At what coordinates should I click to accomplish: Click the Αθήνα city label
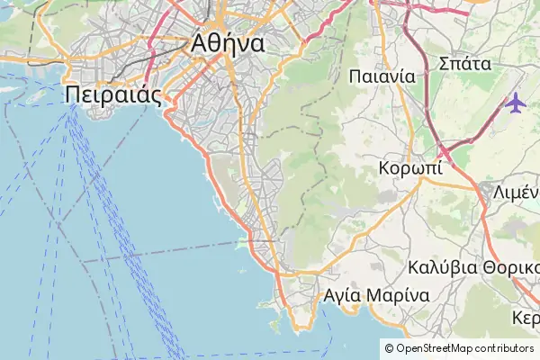(227, 42)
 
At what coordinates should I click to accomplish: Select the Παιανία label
(382, 76)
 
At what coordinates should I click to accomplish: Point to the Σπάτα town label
(463, 63)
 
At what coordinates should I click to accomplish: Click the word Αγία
(342, 295)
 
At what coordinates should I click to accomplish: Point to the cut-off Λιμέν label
(515, 192)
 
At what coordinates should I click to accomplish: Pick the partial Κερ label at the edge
(526, 319)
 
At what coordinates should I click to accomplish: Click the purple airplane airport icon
(516, 103)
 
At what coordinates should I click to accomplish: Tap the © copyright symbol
(389, 348)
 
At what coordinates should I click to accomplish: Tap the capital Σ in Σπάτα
(443, 63)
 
